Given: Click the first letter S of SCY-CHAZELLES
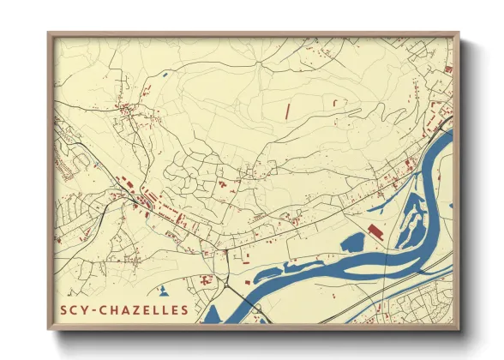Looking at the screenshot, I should pyautogui.click(x=65, y=309).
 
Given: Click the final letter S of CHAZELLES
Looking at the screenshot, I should pyautogui.click(x=183, y=309).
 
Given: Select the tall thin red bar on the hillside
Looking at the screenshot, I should pyautogui.click(x=288, y=111).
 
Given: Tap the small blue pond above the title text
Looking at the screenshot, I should pyautogui.click(x=162, y=290).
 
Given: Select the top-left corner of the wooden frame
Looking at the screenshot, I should pyautogui.click(x=49, y=33).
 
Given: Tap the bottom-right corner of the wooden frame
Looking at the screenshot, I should pyautogui.click(x=459, y=329).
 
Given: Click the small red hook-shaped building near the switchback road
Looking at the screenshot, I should pyautogui.click(x=223, y=183).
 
